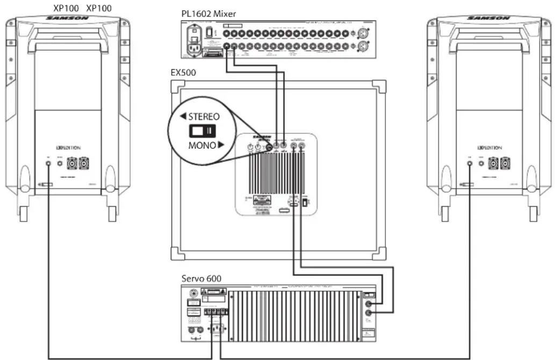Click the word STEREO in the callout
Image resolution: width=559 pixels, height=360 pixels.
[x=202, y=116]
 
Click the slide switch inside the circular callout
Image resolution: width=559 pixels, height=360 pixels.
[x=202, y=130]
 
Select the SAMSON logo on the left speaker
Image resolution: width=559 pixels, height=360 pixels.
[x=67, y=18]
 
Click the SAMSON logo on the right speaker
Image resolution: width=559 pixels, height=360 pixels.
[x=489, y=18]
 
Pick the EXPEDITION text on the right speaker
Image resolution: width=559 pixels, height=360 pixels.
[x=489, y=147]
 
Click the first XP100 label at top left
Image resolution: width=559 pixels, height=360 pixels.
[x=66, y=7]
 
